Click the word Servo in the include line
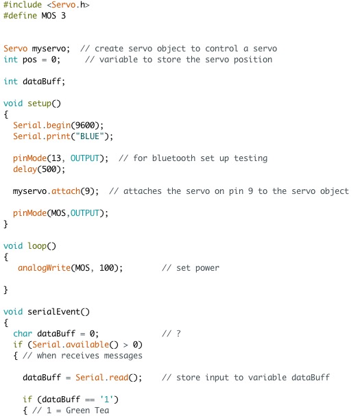click(64, 5)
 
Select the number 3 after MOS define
click(63, 16)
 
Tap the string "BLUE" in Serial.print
click(90, 136)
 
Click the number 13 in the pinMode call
click(56, 158)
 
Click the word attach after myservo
click(66, 191)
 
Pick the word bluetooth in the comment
click(173, 158)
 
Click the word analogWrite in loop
click(44, 268)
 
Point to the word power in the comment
click(207, 268)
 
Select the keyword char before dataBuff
click(23, 334)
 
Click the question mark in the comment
click(178, 334)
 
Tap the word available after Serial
click(87, 344)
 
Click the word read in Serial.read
click(119, 377)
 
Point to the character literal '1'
click(107, 400)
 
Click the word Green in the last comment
click(77, 410)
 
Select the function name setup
click(39, 103)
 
